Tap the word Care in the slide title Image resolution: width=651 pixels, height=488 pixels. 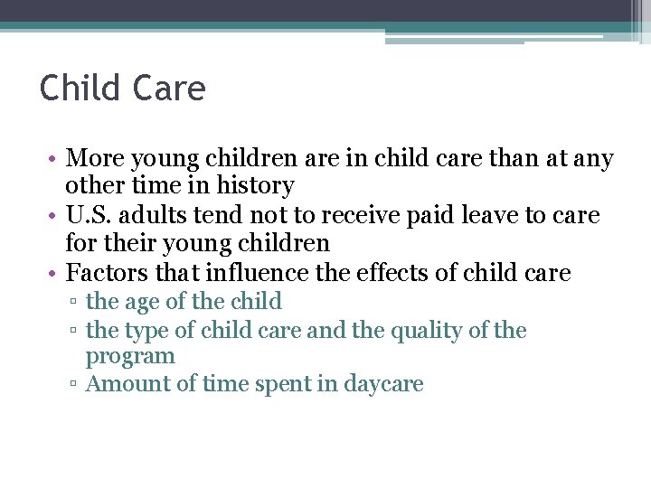[x=169, y=89]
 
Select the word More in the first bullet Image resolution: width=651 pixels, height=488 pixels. [x=95, y=159]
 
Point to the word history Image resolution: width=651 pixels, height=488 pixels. [x=252, y=186]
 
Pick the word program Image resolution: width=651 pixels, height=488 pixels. [x=130, y=356]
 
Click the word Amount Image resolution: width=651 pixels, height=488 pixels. [x=127, y=383]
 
